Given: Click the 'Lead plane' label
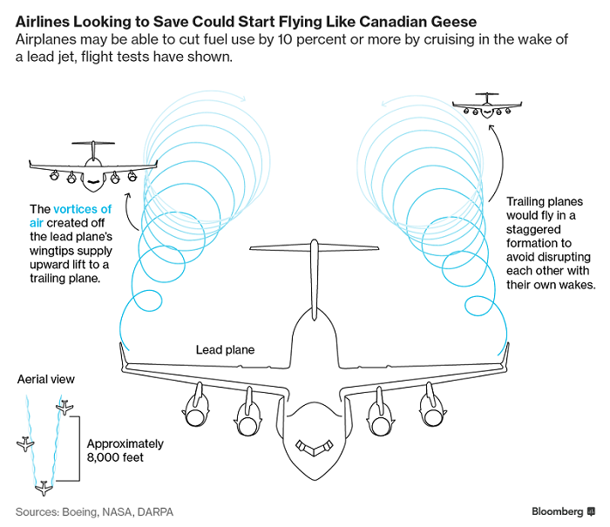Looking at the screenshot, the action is pyautogui.click(x=225, y=349).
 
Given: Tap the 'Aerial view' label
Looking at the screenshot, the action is pyautogui.click(x=46, y=379).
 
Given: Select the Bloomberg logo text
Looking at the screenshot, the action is pyautogui.click(x=557, y=511).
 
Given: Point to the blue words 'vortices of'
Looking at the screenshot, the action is pyautogui.click(x=83, y=209).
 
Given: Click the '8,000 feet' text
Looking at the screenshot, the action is pyautogui.click(x=115, y=457).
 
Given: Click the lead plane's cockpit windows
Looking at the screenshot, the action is pyautogui.click(x=315, y=447).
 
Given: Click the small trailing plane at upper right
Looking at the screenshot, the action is pyautogui.click(x=487, y=105).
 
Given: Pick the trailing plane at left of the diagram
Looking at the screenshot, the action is pyautogui.click(x=93, y=167).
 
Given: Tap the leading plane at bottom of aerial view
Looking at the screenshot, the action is pyautogui.click(x=44, y=488).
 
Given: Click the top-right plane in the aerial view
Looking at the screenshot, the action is pyautogui.click(x=64, y=407).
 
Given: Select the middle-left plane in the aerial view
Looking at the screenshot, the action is pyautogui.click(x=25, y=443).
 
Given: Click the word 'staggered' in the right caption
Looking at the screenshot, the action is pyautogui.click(x=533, y=229).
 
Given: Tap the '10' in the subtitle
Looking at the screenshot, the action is pyautogui.click(x=285, y=40).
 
